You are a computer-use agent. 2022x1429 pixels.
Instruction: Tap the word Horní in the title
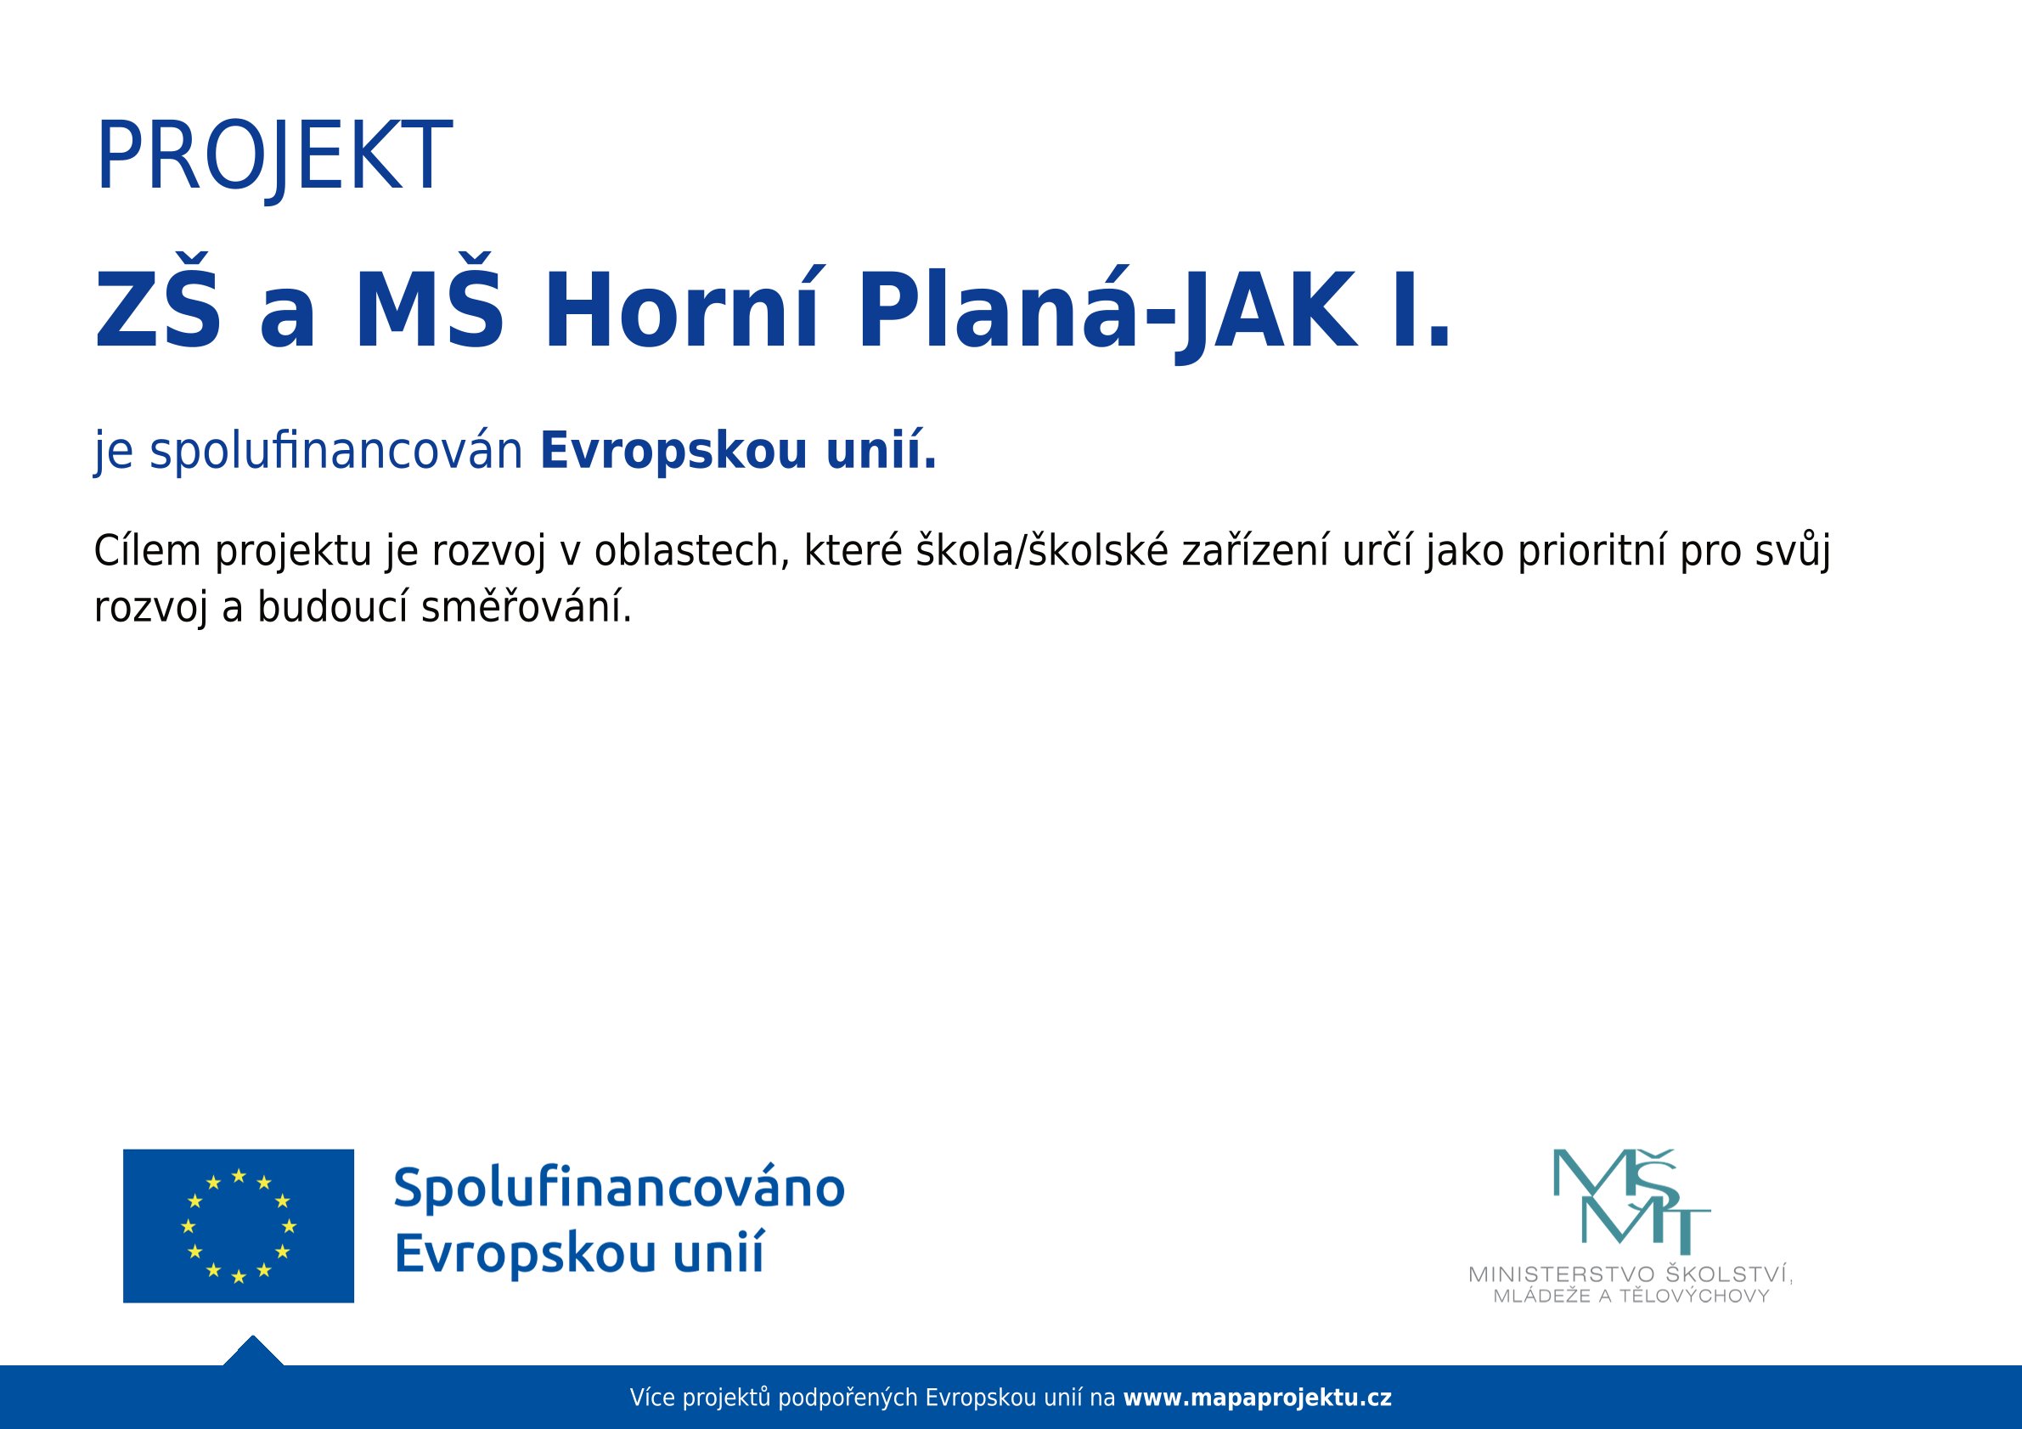683,309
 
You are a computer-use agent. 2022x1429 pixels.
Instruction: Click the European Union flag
239,1225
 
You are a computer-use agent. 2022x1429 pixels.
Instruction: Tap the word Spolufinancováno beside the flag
619,1188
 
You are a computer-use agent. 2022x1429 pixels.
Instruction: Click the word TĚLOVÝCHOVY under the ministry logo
1695,1296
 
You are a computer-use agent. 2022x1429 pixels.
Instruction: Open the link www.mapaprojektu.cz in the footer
1258,1398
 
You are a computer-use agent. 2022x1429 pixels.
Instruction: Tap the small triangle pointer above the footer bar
254,1351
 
